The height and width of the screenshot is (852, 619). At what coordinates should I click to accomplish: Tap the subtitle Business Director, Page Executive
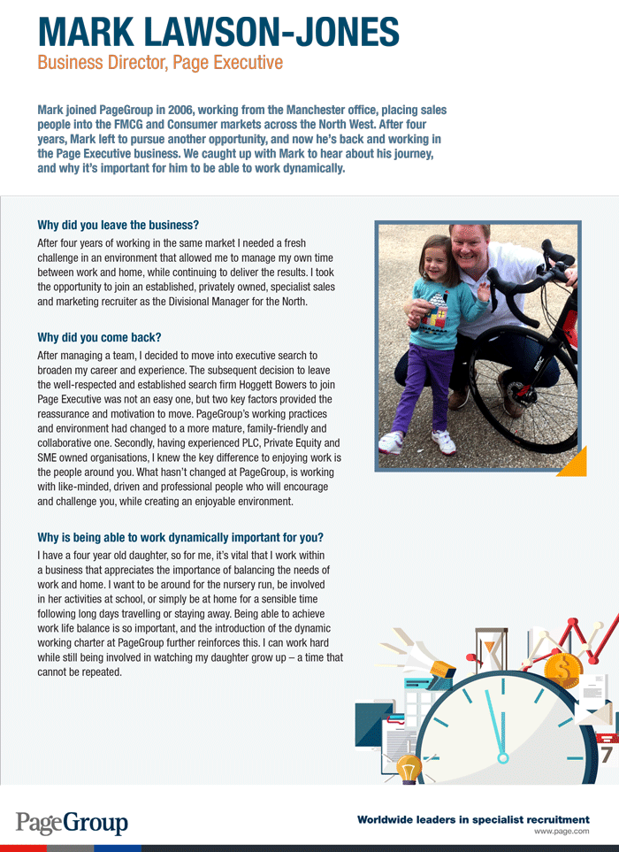pyautogui.click(x=160, y=63)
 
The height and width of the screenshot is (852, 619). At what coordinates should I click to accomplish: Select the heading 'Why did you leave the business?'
pyautogui.click(x=118, y=225)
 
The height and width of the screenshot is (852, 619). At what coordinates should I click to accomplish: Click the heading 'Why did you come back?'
pyautogui.click(x=100, y=337)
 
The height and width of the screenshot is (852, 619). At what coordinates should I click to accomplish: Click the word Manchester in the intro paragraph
pyautogui.click(x=307, y=110)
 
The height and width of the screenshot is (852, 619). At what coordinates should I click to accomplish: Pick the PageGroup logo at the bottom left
pyautogui.click(x=72, y=822)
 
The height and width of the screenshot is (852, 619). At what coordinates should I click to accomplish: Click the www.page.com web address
pyautogui.click(x=562, y=833)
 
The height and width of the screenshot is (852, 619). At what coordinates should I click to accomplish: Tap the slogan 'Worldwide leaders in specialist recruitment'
pyautogui.click(x=473, y=819)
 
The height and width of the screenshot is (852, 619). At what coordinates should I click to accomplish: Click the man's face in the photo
pyautogui.click(x=468, y=249)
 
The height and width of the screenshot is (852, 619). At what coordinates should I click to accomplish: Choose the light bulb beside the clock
pyautogui.click(x=408, y=769)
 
